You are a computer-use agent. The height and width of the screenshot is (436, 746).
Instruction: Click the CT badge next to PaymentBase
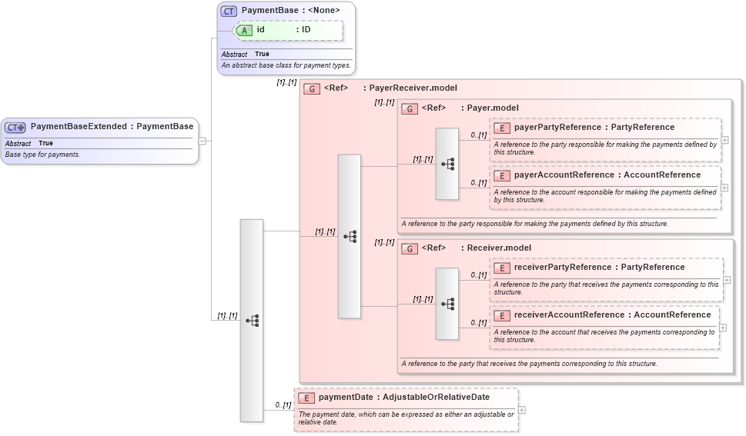click(x=229, y=11)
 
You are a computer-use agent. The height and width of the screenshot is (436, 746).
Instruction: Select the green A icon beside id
click(x=244, y=30)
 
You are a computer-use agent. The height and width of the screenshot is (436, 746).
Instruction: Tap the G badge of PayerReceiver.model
click(x=312, y=88)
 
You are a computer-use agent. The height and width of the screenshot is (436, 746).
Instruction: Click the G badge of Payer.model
click(x=410, y=108)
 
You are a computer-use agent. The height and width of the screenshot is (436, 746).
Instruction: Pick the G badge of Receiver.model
click(x=410, y=248)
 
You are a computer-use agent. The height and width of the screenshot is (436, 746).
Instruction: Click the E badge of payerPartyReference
click(x=502, y=128)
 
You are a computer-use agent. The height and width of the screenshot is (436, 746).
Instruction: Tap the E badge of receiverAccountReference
click(x=502, y=315)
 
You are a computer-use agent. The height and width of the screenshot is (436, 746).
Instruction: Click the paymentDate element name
click(x=346, y=398)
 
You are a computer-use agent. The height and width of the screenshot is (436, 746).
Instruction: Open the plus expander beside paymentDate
click(x=522, y=410)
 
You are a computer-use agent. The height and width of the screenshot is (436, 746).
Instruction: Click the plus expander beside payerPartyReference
click(x=724, y=140)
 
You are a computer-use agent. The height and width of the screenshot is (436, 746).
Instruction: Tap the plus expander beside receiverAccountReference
click(x=724, y=327)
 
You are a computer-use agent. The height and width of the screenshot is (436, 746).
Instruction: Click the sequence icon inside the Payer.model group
click(x=447, y=164)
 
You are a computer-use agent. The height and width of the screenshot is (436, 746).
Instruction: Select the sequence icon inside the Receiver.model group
click(x=447, y=304)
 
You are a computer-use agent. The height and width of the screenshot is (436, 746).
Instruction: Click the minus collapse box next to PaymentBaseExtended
click(x=202, y=141)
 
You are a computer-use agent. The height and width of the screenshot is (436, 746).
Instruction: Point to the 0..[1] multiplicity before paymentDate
click(x=283, y=404)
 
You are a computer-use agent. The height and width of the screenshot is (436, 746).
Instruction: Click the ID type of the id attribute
click(x=306, y=30)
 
